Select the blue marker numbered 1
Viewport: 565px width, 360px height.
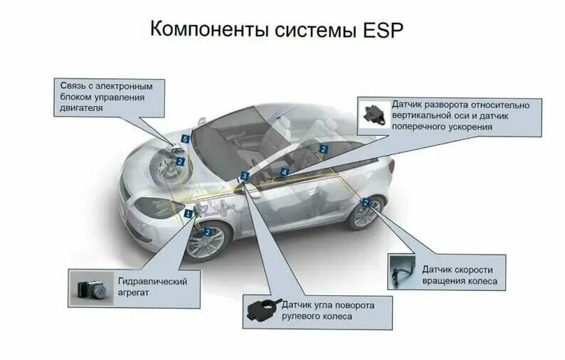(189, 213)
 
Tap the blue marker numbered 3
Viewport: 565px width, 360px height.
(244, 175)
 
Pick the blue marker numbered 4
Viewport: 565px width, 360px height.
(284, 172)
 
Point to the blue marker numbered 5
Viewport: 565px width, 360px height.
(185, 139)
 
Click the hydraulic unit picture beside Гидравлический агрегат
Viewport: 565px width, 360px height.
(90, 287)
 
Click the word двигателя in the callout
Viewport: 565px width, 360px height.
(82, 109)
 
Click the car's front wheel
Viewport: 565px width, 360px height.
(206, 240)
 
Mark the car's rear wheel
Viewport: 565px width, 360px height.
(366, 212)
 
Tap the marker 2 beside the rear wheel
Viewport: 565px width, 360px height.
(365, 202)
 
